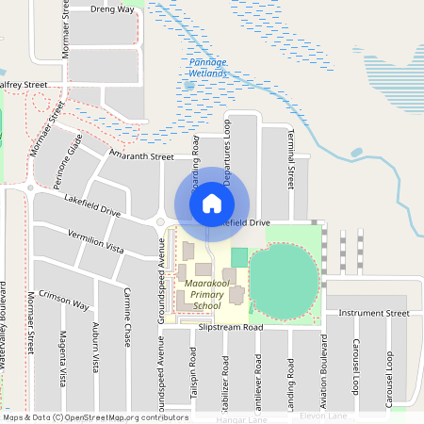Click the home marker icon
pyautogui.click(x=211, y=204)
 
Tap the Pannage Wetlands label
pyautogui.click(x=204, y=67)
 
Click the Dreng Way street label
pyautogui.click(x=112, y=8)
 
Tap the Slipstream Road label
pyautogui.click(x=230, y=327)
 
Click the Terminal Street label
pyautogui.click(x=292, y=155)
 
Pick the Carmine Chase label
pyautogui.click(x=125, y=318)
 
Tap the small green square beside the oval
pyautogui.click(x=238, y=256)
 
